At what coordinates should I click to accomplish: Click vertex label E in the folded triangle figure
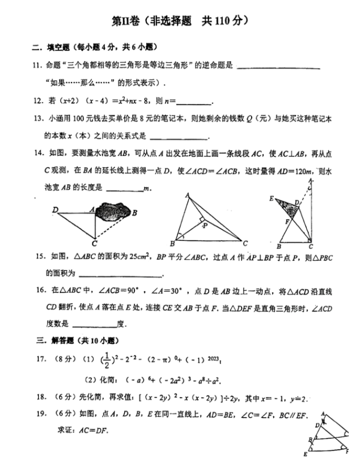(272, 199)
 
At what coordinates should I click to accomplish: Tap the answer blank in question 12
(194, 103)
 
